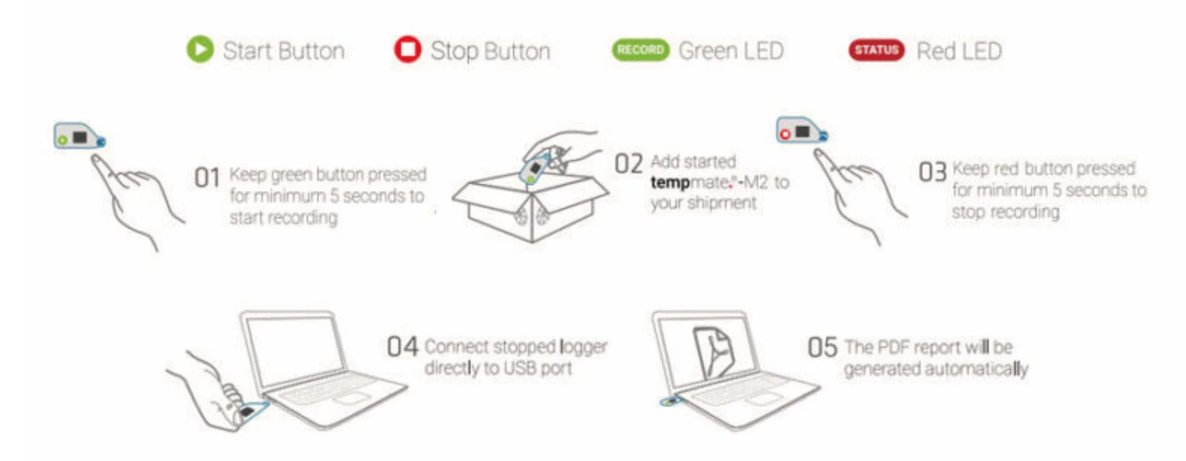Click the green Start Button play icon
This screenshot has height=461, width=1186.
(200, 49)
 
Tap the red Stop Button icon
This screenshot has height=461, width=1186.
(407, 49)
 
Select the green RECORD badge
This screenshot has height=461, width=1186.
(640, 50)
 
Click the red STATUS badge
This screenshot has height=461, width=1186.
(877, 50)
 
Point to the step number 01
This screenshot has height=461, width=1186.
(207, 178)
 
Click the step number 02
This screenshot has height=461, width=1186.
(628, 163)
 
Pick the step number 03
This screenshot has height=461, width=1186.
(932, 172)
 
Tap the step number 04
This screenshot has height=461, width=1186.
(402, 346)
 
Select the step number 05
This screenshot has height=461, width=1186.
(822, 347)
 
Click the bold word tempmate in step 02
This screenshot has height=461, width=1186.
(670, 182)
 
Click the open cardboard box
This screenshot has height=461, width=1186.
(530, 204)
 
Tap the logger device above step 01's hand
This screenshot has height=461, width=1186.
(80, 136)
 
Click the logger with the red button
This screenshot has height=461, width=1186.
(802, 130)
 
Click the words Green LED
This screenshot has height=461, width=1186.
(731, 51)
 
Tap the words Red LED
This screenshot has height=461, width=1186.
(959, 51)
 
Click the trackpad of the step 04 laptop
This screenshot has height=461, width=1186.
(352, 398)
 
